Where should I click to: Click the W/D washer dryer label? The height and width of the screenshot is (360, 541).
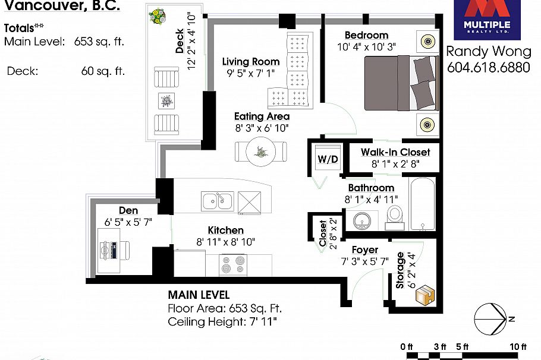click(328, 159)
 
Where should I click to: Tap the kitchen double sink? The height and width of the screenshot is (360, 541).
click(218, 201)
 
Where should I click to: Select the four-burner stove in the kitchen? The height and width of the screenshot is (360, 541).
click(233, 265)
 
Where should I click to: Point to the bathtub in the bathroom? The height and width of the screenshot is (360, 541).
click(422, 204)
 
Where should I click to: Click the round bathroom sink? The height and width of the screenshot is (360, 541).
click(362, 220)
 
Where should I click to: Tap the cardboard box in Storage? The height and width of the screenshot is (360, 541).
click(424, 295)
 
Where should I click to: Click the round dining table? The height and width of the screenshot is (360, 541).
click(261, 151)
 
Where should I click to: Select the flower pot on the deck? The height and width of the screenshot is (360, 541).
click(157, 16)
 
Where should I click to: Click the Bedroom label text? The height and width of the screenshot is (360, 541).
click(366, 35)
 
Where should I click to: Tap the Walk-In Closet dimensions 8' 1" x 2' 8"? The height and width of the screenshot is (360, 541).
click(395, 164)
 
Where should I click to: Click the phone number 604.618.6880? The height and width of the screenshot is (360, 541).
click(488, 67)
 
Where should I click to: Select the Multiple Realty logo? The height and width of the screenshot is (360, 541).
click(487, 19)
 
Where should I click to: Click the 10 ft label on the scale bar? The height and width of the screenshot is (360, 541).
click(518, 347)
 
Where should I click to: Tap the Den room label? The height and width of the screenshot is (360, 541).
click(128, 210)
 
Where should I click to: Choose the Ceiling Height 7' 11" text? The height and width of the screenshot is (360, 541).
click(222, 322)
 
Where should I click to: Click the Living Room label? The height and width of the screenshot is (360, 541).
click(251, 62)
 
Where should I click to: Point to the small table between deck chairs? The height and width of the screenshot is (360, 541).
click(166, 101)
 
